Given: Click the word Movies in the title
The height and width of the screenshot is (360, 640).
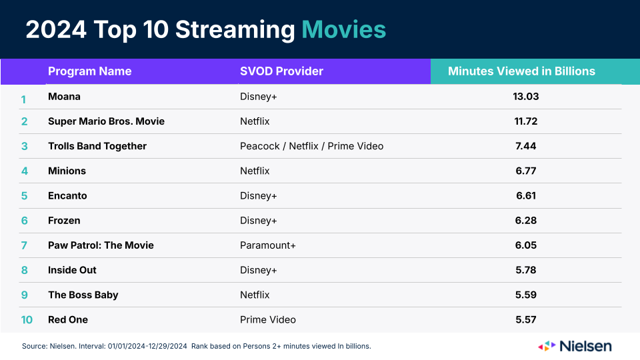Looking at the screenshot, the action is (x=344, y=29).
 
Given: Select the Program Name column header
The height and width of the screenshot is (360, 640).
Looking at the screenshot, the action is (x=90, y=71).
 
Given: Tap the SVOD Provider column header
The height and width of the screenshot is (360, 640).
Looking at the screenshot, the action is (x=281, y=71).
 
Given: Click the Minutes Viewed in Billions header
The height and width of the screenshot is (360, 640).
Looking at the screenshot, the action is (x=521, y=71).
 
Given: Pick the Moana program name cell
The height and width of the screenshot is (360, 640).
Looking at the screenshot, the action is (x=64, y=96).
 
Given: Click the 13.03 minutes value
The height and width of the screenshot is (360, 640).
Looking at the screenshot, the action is (x=526, y=96).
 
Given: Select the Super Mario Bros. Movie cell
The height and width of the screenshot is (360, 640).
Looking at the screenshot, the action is (x=106, y=121).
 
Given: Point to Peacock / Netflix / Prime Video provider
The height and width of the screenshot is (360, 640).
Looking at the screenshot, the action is (x=312, y=146).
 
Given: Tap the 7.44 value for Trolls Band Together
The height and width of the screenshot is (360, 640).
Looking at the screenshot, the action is (x=526, y=146).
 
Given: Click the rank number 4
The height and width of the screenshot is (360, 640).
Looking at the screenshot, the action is (x=25, y=171).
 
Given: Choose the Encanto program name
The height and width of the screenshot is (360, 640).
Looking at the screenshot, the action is (x=67, y=195).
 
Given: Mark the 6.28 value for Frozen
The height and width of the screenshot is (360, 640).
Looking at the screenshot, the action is (x=526, y=221).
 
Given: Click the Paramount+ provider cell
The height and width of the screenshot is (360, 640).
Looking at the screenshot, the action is (x=268, y=245).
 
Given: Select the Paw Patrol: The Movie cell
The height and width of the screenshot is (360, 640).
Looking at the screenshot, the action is (x=101, y=245).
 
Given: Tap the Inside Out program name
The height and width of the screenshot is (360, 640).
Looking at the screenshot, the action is (x=72, y=270).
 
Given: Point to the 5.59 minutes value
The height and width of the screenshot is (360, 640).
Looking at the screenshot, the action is (x=526, y=295).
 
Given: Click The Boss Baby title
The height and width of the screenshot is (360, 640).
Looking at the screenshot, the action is (x=83, y=295).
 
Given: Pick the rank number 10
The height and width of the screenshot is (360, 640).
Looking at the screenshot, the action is (x=27, y=319).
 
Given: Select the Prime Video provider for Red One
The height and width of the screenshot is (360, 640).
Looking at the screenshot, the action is (x=268, y=319).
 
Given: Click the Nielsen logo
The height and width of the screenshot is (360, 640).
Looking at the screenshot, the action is (x=575, y=346).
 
